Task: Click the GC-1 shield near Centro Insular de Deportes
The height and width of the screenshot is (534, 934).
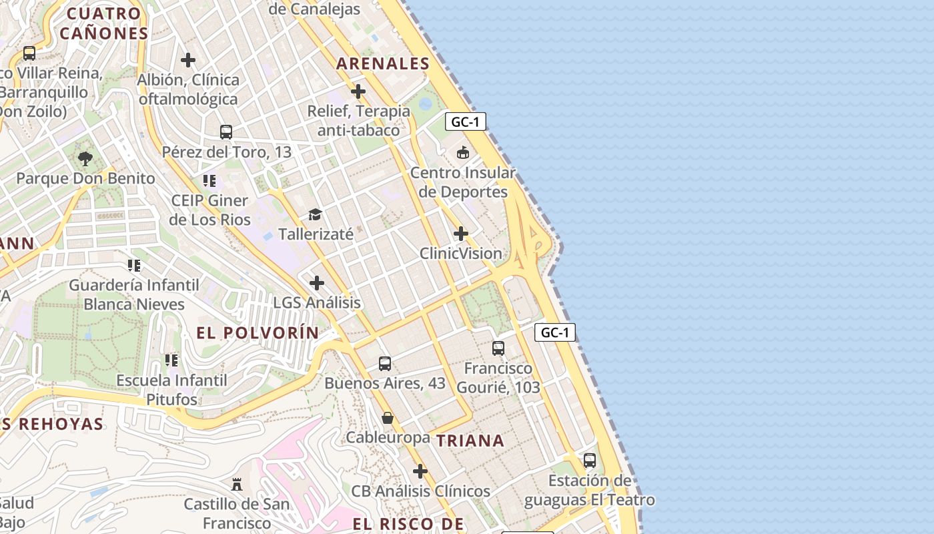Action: coord(466,121)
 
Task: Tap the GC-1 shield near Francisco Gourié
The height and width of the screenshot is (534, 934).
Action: coord(554,332)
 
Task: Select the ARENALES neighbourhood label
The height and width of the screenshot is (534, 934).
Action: coord(383,63)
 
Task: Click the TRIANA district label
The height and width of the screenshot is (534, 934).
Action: coord(470,441)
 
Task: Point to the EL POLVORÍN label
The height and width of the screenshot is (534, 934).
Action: coord(258,333)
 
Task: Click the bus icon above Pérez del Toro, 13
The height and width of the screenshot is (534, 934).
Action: coord(226,132)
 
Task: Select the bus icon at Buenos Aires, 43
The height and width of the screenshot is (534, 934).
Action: coord(385,364)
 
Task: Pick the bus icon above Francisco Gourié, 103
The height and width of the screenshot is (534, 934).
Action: coord(498,348)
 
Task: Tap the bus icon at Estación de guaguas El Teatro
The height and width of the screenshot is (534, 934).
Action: coord(590,461)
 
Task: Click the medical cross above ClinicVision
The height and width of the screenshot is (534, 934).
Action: coord(461,234)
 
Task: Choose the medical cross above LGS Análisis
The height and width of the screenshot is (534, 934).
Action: coord(317,284)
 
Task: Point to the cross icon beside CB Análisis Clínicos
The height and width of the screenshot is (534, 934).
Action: coord(420,472)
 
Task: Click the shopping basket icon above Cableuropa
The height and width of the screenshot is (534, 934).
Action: coord(388,419)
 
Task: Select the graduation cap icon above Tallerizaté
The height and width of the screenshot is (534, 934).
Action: coord(315,215)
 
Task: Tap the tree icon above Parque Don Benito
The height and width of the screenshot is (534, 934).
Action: coord(85,159)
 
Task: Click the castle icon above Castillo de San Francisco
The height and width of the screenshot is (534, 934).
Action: coord(237,484)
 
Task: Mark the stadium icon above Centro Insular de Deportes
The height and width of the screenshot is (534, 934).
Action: coord(463,153)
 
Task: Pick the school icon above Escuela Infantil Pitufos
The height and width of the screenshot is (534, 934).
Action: coord(171,360)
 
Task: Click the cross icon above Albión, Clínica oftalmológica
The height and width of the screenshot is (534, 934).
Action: coord(188,60)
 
